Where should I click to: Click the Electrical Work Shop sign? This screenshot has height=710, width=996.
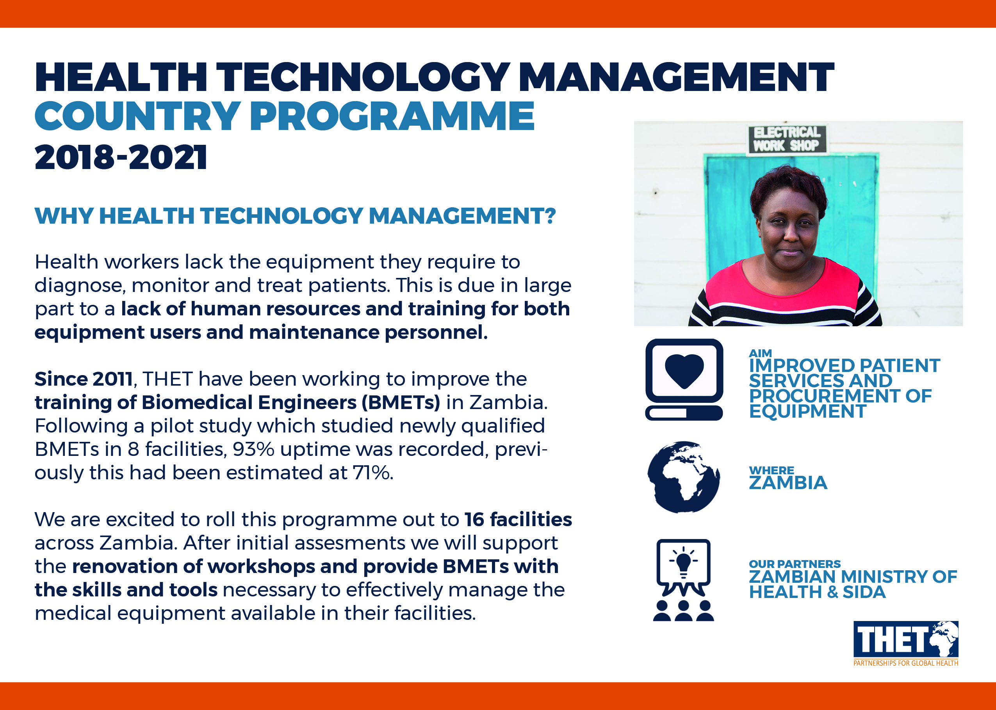pos(787,139)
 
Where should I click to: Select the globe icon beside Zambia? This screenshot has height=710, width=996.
pos(683,477)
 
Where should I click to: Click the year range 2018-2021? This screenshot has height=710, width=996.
pos(121,157)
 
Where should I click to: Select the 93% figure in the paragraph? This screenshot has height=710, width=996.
pos(254,449)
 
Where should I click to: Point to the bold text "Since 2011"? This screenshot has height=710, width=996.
pos(84,379)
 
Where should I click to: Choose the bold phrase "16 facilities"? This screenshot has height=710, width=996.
pos(518,520)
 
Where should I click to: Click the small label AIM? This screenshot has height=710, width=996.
pos(760,353)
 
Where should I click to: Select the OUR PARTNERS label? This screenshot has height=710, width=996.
pos(795,564)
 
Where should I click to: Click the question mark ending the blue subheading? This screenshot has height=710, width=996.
pos(550,216)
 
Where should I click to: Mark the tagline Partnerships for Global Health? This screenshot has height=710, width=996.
pos(905,663)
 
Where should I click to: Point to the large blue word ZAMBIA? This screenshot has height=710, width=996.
pos(788,483)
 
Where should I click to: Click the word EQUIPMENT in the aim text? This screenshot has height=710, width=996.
pos(807,411)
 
